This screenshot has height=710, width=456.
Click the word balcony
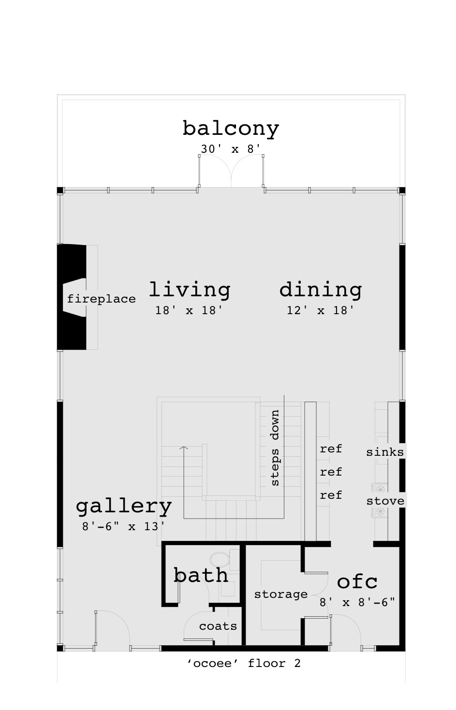click(x=231, y=129)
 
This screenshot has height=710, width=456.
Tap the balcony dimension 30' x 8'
click(x=231, y=149)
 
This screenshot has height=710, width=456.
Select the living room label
click(x=190, y=290)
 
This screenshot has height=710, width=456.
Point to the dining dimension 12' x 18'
click(x=320, y=310)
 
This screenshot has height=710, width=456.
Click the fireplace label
click(x=102, y=299)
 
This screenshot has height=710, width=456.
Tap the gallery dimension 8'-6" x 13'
click(x=123, y=526)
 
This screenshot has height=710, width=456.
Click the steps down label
click(x=275, y=448)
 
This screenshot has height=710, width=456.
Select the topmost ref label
click(x=331, y=449)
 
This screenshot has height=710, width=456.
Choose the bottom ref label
click(x=331, y=495)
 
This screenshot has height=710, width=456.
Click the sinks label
click(x=385, y=452)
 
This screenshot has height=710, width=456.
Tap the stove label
click(x=385, y=501)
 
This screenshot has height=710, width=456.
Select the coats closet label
click(x=218, y=626)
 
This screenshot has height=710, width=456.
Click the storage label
click(x=281, y=594)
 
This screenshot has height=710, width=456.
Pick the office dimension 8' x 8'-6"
click(x=357, y=602)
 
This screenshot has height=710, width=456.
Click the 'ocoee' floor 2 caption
click(x=244, y=663)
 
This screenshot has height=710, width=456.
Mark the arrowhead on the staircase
click(x=184, y=448)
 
